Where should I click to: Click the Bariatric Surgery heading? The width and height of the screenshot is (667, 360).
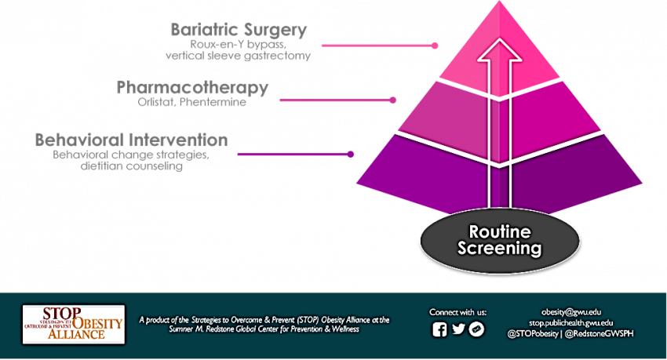(x=239, y=31)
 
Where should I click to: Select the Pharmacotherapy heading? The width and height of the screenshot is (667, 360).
(x=192, y=87)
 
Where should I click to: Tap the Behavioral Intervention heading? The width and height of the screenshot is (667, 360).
(x=131, y=140)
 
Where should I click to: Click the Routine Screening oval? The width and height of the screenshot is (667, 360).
(x=505, y=241)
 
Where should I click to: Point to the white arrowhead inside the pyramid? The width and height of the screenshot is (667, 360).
(x=496, y=53)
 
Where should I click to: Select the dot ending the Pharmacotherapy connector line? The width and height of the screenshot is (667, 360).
(x=393, y=100)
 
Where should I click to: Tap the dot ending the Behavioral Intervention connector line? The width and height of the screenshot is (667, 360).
(x=351, y=155)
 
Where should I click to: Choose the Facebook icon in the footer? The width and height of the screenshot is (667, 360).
(x=439, y=330)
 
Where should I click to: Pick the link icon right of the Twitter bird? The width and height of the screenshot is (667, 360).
(x=476, y=330)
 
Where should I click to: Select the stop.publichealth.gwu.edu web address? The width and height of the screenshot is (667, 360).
(x=570, y=322)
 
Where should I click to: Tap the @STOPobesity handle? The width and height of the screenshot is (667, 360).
(x=535, y=333)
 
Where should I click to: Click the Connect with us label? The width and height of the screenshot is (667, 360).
(x=457, y=312)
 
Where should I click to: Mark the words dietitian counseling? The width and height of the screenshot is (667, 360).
(x=125, y=165)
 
